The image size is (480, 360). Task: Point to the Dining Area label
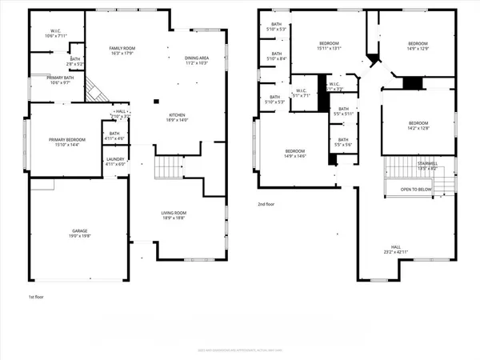click(196, 61)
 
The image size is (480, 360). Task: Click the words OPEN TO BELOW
click(417, 190)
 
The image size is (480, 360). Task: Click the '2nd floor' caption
click(266, 204)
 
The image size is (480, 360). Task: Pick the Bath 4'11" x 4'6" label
click(114, 136)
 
